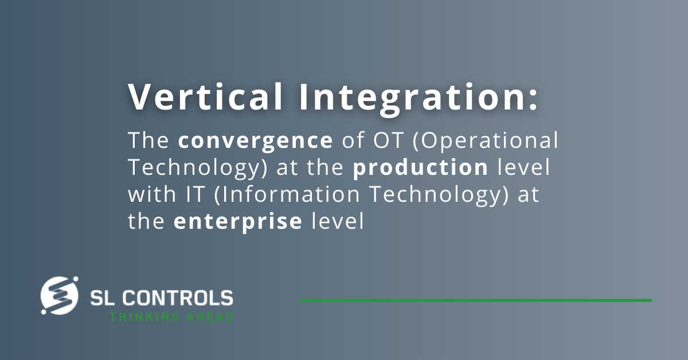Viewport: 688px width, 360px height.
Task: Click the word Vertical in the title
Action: [205, 96]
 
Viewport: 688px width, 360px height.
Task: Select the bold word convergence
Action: [256, 142]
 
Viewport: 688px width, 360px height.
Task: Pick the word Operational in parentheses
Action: [485, 141]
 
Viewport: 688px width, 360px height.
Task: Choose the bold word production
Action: [420, 168]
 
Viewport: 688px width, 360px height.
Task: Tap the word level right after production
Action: [523, 167]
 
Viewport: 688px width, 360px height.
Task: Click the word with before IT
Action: [152, 194]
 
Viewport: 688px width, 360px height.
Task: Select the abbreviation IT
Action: [195, 194]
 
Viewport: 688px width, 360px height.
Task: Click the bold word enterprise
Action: [238, 222]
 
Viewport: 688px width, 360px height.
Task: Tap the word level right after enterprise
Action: [338, 221]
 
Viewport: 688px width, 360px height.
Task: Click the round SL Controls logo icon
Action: [60, 295]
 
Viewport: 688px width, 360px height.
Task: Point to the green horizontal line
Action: [475, 300]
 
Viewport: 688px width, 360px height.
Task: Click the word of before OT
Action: [353, 140]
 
